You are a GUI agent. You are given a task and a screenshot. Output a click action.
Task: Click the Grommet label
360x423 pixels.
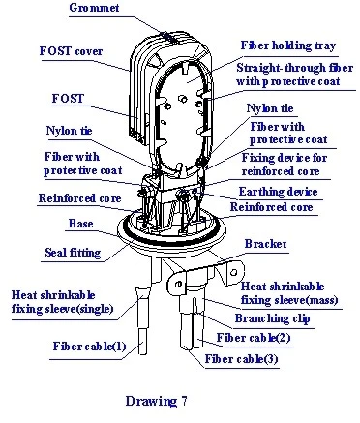[94, 8]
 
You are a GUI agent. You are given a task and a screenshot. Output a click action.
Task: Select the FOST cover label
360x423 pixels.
[71, 51]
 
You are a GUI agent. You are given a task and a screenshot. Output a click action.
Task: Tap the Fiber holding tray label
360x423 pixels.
[288, 45]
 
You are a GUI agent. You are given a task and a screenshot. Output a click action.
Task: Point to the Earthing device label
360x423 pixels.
[278, 192]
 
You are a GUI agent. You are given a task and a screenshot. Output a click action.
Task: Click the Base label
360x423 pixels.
[80, 224]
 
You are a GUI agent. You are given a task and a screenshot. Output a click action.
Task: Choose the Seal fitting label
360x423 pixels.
[73, 253]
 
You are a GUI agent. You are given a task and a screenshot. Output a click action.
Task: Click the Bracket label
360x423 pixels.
[265, 244]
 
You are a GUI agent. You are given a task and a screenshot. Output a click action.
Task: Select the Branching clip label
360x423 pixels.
[272, 318]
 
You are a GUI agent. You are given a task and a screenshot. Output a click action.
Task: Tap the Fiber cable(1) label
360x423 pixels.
[89, 347]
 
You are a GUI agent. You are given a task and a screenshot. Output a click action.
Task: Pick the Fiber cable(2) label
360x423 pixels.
[254, 338]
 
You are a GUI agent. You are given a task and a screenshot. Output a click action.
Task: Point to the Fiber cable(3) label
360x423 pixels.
[241, 359]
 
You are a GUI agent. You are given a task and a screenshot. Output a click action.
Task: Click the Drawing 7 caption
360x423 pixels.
[156, 401]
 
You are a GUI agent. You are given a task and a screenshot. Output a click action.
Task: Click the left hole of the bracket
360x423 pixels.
[178, 284]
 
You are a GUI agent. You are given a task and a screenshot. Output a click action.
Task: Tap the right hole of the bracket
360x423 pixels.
[234, 272]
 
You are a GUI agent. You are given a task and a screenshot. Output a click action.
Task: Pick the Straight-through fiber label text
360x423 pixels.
[294, 75]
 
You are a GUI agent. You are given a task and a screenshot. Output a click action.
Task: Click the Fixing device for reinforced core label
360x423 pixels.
[285, 165]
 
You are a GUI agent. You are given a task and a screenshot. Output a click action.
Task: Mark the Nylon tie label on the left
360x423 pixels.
[69, 131]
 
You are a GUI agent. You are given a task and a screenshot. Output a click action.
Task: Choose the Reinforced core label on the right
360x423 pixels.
[271, 207]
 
